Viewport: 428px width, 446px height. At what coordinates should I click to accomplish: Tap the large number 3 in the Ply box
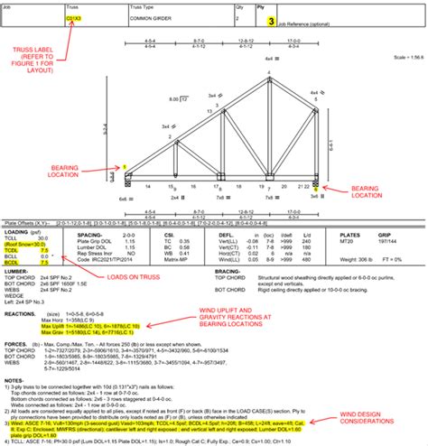click(x=272, y=17)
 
